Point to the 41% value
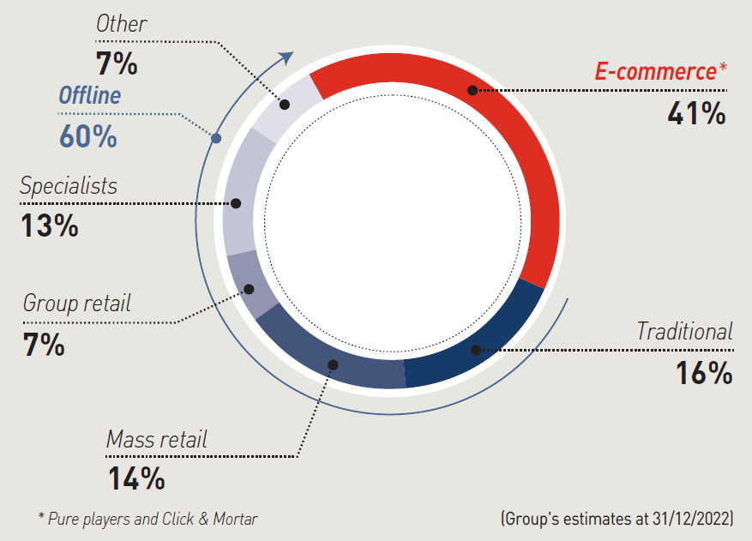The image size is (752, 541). tap(696, 112)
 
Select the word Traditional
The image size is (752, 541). tap(684, 331)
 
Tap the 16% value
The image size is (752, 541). tap(703, 373)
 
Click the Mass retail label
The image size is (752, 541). tap(157, 440)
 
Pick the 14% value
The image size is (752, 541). tap(136, 478)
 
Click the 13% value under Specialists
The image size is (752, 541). tap(50, 225)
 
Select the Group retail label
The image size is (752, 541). tap(77, 303)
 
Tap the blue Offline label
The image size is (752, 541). tap(89, 95)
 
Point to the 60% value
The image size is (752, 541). tap(87, 135)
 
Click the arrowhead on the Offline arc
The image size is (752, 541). tap(287, 57)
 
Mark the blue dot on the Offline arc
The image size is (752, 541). tap(216, 137)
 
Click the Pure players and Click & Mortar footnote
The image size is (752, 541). tap(147, 519)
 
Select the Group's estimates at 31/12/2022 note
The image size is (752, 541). tap(617, 519)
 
